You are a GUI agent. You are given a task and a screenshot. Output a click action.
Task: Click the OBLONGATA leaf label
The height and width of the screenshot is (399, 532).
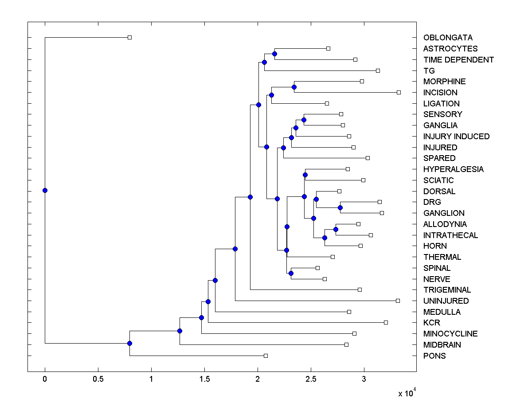click(448, 38)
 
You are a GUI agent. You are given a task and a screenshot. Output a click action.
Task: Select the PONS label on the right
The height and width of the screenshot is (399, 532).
click(434, 356)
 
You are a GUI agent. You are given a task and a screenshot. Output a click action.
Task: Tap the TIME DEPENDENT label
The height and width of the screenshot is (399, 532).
click(458, 59)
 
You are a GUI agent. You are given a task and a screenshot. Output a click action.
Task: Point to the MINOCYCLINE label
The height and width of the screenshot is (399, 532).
click(450, 334)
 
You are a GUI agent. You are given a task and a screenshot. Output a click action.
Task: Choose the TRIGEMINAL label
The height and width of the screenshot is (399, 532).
click(447, 290)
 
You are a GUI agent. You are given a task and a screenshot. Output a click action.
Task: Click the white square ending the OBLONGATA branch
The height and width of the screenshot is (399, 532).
click(129, 38)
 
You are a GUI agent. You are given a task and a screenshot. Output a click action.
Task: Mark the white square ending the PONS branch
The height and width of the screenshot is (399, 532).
click(266, 356)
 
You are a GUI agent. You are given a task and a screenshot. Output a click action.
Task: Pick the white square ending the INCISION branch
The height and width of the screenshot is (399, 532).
click(399, 92)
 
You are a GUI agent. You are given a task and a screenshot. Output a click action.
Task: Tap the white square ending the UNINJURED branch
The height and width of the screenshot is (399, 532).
click(398, 301)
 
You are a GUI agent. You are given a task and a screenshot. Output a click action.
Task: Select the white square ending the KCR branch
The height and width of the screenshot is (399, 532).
click(386, 322)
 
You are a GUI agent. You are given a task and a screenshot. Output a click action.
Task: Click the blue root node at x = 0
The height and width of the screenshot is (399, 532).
click(45, 191)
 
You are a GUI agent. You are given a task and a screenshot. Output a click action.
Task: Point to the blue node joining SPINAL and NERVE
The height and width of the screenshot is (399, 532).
click(291, 273)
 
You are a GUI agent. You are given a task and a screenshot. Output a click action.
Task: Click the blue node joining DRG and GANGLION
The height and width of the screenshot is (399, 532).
click(340, 207)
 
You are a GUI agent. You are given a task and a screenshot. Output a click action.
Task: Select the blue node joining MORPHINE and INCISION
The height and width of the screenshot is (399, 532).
click(294, 87)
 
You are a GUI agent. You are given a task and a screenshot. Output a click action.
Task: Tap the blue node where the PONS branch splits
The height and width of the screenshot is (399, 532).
click(129, 343)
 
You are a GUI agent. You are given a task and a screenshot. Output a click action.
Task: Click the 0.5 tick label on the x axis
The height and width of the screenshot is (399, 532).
click(98, 379)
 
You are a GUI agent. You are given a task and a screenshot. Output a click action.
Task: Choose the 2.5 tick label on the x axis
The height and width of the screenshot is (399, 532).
click(311, 379)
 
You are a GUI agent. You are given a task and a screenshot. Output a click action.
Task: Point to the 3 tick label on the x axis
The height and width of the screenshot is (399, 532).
click(364, 379)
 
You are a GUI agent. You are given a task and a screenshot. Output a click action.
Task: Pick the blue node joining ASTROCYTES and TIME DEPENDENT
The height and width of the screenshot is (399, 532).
click(274, 54)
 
